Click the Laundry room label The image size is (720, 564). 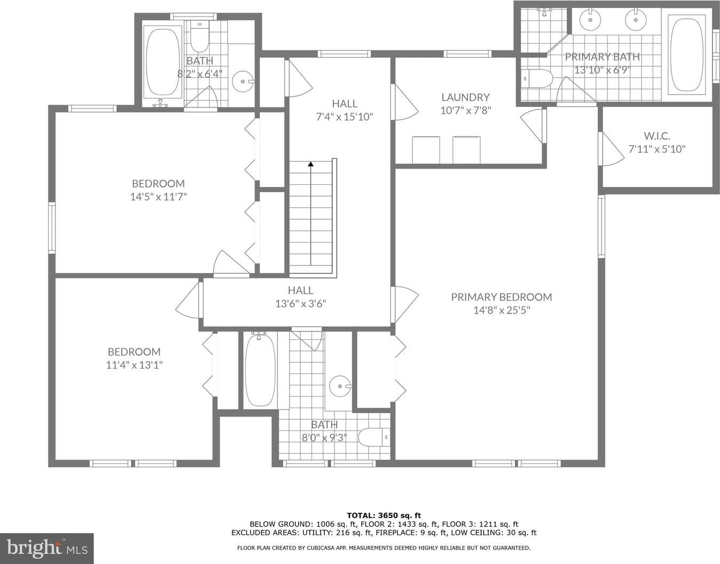pos(465,97)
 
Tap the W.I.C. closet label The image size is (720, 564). pos(657,136)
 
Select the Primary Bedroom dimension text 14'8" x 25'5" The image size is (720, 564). pos(502,310)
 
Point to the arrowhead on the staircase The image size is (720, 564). pos(310,163)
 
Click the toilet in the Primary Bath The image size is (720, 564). pos(537,79)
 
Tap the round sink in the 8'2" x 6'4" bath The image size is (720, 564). pos(243,81)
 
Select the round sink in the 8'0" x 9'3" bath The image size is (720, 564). pos(341,386)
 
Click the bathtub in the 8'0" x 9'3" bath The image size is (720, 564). pos(260,370)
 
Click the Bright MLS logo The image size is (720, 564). pos(47,549)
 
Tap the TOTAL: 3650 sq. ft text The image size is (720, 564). pos(383,515)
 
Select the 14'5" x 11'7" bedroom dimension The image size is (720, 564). pos(158,197)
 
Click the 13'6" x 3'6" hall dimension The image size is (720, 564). pos(300,303)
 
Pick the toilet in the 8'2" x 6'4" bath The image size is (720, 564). pos(199,37)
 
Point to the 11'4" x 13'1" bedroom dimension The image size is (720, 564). pos(134,365)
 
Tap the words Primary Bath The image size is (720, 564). pos(602,57)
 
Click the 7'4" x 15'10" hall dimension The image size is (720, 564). pos(345,117)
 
